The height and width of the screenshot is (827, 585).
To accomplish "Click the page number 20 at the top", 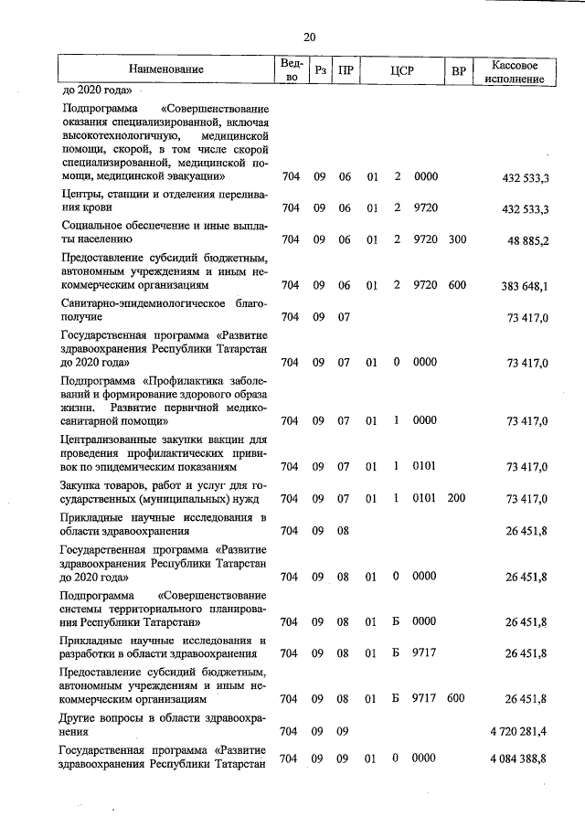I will coord(309,37).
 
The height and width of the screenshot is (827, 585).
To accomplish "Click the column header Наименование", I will coord(166,69).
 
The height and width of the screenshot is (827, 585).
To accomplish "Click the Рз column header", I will coord(318,70).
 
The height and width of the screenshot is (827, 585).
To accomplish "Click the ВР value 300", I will coord(457,239).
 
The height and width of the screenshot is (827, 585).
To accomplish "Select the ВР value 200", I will coord(457,498).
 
